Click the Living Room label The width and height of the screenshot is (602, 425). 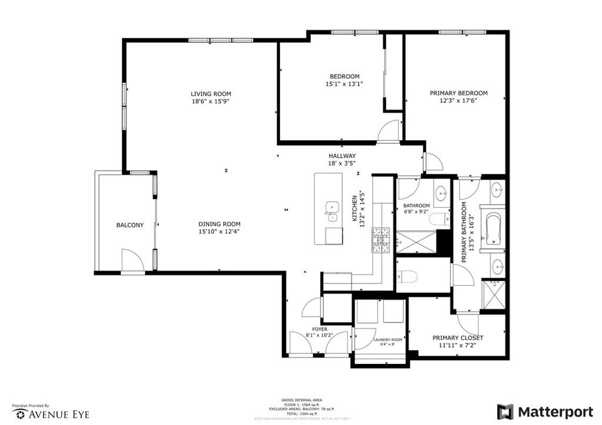[210, 94]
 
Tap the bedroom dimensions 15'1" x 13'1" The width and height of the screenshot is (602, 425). [344, 84]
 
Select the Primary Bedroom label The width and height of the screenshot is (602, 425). [459, 93]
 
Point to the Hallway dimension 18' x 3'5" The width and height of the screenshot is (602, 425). [342, 163]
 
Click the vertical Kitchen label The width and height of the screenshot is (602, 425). [355, 208]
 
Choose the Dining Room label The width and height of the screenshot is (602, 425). [219, 224]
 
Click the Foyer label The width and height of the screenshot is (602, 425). [320, 329]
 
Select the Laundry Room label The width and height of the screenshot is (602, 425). [388, 340]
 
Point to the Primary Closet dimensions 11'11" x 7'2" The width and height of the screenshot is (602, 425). [457, 346]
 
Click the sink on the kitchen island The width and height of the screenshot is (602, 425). [332, 207]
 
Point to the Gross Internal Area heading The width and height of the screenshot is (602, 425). [300, 400]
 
